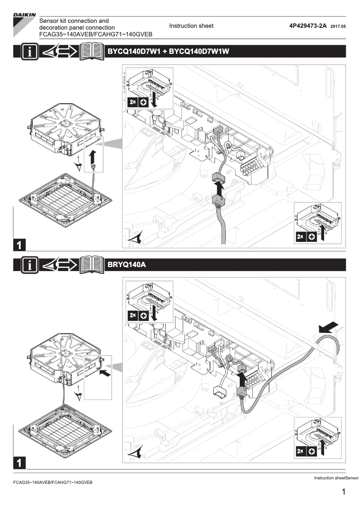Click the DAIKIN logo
tap(25, 15)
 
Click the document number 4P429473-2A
tap(308, 26)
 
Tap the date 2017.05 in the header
tap(338, 27)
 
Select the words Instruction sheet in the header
tap(191, 26)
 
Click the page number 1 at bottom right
tap(343, 492)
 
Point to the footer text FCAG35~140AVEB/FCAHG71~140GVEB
tap(53, 483)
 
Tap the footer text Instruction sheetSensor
tap(334, 478)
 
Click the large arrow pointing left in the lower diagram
tap(326, 326)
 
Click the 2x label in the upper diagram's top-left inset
tap(133, 102)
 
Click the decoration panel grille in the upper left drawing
tap(63, 197)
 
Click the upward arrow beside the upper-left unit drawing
tap(93, 158)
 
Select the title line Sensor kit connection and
tap(74, 21)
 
